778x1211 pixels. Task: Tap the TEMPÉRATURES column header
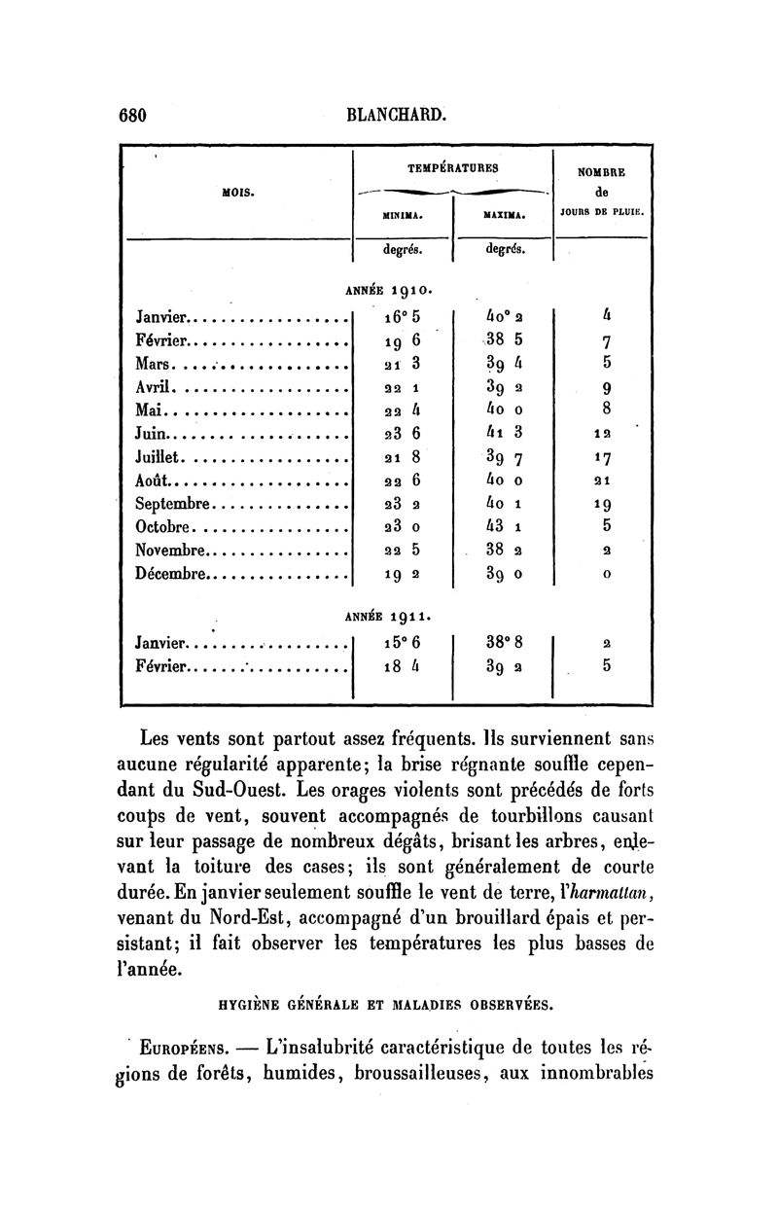point(452,167)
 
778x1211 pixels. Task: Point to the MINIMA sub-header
point(402,214)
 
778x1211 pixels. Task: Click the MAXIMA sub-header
point(504,214)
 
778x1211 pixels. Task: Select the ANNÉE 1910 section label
point(389,289)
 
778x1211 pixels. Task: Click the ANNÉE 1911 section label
point(389,616)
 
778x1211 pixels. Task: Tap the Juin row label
point(153,433)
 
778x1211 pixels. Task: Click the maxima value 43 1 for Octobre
point(502,526)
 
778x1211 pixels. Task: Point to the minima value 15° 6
point(401,642)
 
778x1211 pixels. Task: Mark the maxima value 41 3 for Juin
point(502,433)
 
